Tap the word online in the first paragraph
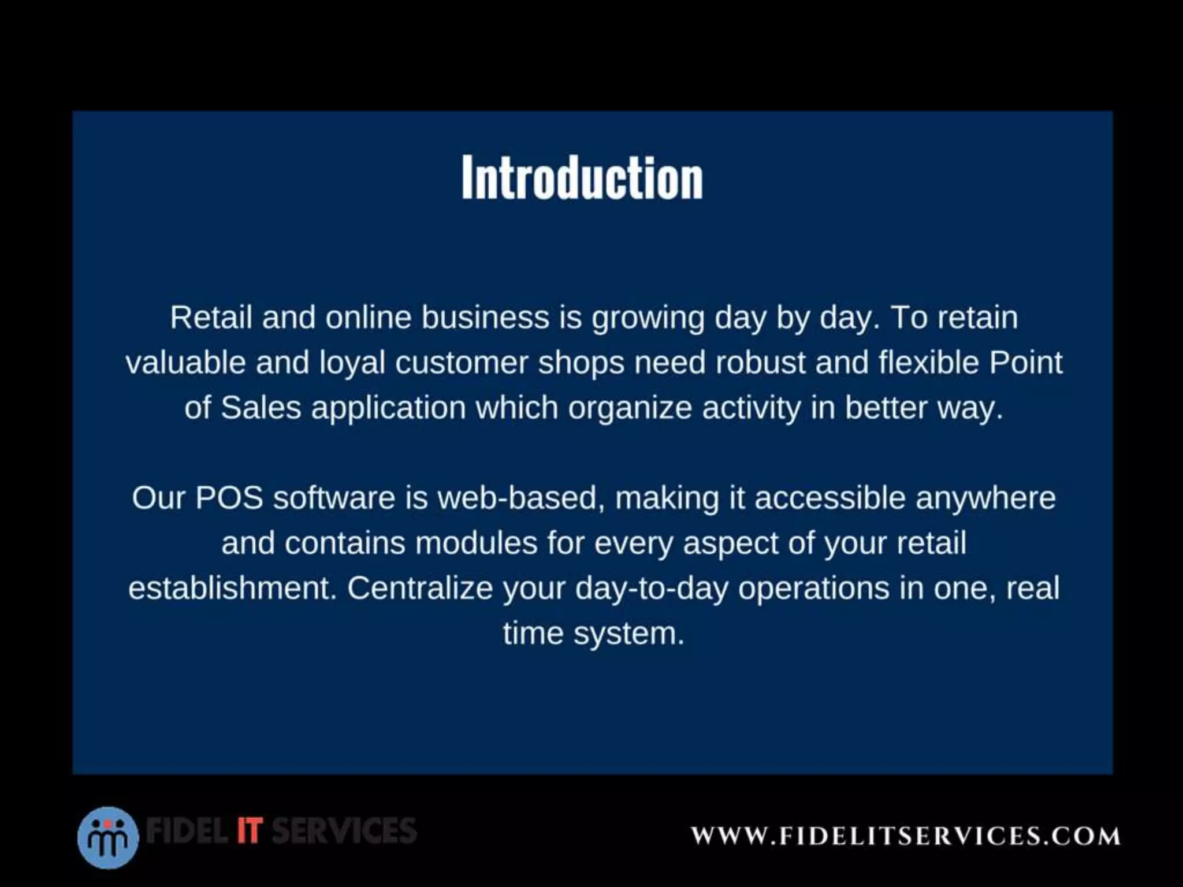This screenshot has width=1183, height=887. (x=368, y=318)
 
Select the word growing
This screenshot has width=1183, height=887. (x=648, y=319)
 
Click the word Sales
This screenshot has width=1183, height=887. (x=261, y=408)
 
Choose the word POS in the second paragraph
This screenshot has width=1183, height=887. (x=229, y=498)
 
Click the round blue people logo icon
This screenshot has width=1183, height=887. (x=108, y=837)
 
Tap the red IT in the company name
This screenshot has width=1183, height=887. (x=249, y=830)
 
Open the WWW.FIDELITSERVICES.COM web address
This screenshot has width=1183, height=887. (x=906, y=836)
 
